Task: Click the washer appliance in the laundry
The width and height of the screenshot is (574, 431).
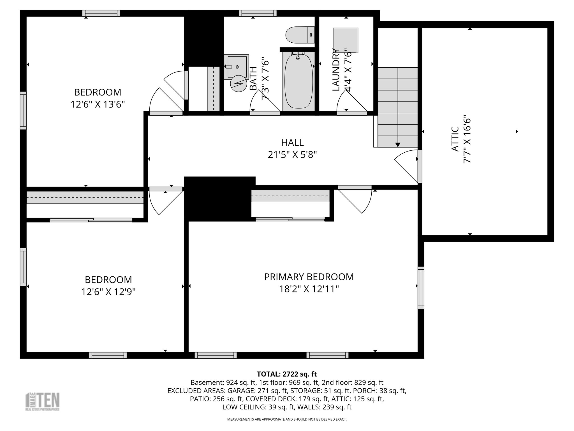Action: tap(345, 40)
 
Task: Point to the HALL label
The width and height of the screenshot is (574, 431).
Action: tap(292, 143)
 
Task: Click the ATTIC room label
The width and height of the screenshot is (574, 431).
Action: tap(455, 139)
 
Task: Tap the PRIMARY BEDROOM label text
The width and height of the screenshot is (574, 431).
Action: tap(309, 277)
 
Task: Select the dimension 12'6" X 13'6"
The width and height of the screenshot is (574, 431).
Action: tap(98, 105)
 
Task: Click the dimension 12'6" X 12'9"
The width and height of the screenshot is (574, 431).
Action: tap(108, 292)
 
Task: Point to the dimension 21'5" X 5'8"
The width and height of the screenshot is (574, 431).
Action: tap(292, 155)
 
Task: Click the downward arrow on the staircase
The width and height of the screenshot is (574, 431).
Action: tap(398, 145)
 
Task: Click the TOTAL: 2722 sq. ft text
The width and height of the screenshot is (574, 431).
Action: tap(287, 374)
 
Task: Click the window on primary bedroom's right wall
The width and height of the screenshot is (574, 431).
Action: tap(421, 287)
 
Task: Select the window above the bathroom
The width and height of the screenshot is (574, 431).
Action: tap(258, 13)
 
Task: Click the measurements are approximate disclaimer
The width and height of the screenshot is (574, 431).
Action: tap(287, 419)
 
